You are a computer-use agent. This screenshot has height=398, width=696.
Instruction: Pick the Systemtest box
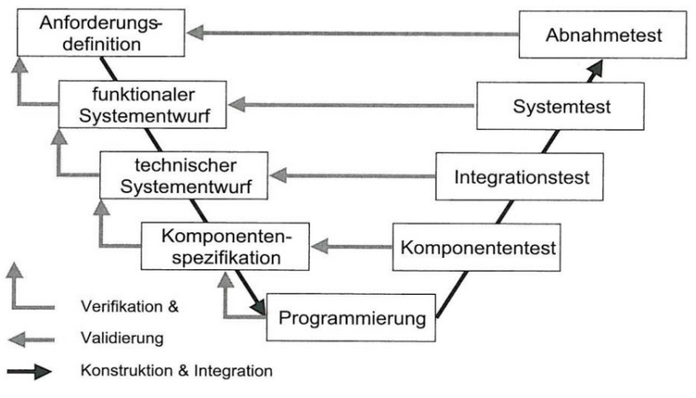point(562,107)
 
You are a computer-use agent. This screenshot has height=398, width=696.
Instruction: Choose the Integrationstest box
point(524,176)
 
